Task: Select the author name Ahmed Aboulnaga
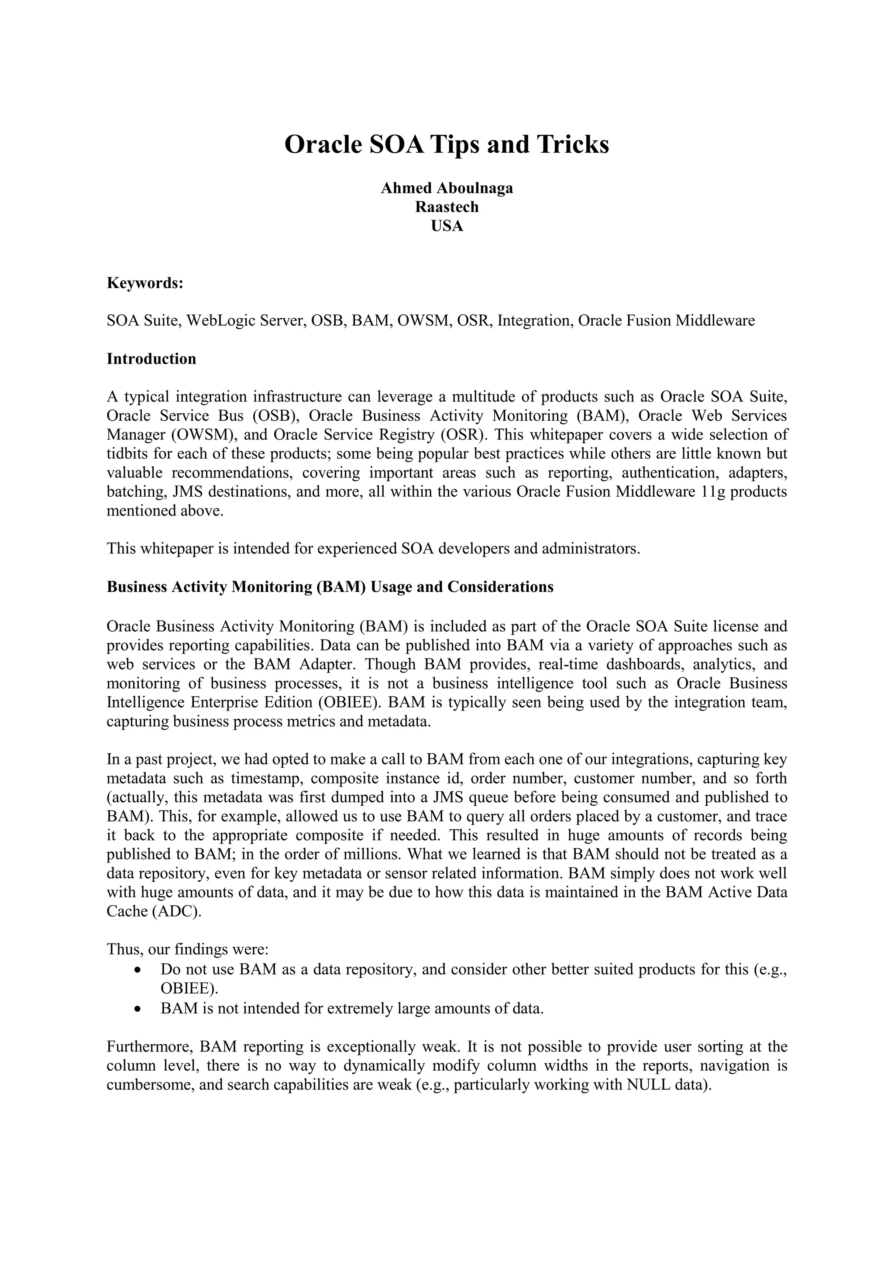point(447,188)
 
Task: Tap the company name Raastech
point(447,207)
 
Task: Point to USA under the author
point(447,226)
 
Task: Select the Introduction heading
point(151,359)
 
